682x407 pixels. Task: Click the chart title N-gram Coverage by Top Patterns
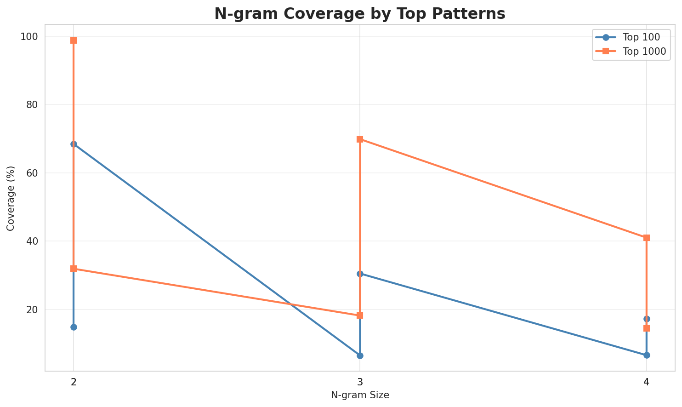click(x=360, y=14)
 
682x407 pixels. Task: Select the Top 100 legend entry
click(x=637, y=37)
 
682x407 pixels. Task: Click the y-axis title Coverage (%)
click(x=11, y=198)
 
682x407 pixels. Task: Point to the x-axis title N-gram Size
click(x=360, y=395)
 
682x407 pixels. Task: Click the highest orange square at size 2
click(x=74, y=40)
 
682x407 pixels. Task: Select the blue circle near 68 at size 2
click(x=74, y=144)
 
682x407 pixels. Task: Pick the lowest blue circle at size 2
click(x=74, y=327)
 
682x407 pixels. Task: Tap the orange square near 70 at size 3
click(x=360, y=139)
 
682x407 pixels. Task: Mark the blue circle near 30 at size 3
click(x=360, y=274)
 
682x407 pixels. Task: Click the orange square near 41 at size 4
click(x=647, y=238)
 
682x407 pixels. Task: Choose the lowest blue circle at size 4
click(x=647, y=355)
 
